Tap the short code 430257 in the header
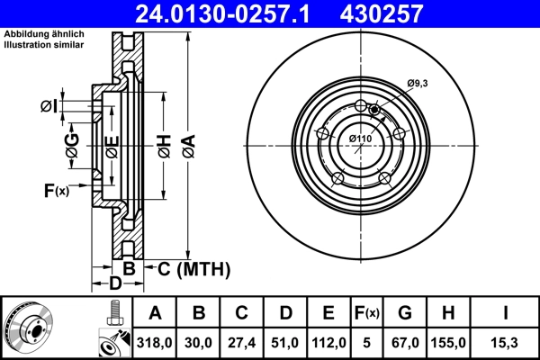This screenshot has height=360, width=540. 392,13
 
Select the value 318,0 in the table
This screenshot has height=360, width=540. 156,343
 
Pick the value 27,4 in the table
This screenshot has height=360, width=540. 241,343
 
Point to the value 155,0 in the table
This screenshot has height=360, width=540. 451,343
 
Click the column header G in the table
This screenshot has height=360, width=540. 406,313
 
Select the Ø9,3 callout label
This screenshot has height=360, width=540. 417,84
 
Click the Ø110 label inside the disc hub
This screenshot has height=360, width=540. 360,138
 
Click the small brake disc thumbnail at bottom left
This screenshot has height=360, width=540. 30,327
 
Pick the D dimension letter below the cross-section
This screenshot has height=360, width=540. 114,284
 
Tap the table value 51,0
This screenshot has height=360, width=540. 284,343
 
